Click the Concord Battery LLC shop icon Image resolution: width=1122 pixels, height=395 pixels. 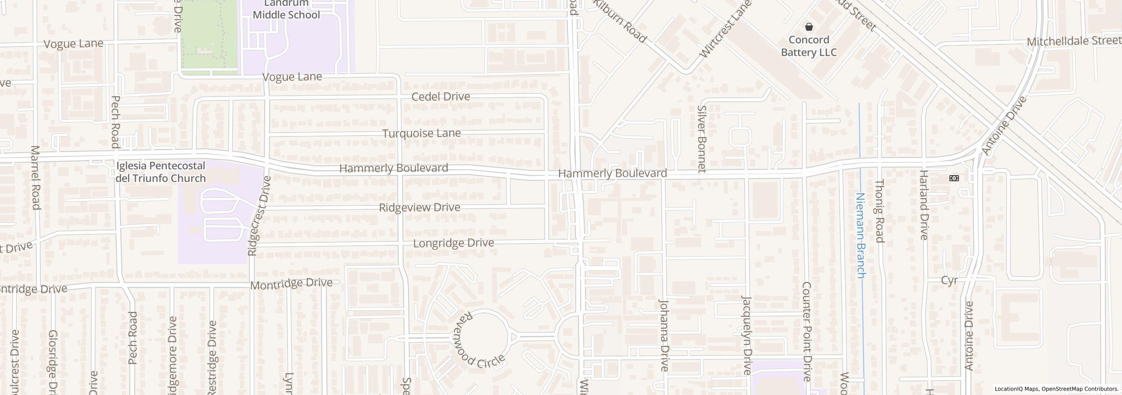pos(809,27)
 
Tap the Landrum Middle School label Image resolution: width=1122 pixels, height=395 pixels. pos(286,10)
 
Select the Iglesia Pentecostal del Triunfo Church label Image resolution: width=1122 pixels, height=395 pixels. pos(160,172)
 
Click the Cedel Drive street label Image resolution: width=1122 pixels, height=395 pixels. pos(440,97)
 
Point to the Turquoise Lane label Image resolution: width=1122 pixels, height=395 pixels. pos(421,133)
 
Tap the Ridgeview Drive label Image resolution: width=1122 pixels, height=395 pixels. pos(419,207)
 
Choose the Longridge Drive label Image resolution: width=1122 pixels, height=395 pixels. pos(454,243)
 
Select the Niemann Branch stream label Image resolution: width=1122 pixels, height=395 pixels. pos(860,235)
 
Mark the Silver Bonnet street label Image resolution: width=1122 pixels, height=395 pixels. pos(702,139)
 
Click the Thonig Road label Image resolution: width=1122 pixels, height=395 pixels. pos(879,211)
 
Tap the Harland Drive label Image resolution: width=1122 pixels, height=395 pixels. pos(924,205)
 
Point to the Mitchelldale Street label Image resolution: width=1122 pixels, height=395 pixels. pos(1073,41)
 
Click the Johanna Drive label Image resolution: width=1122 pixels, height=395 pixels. pos(664,335)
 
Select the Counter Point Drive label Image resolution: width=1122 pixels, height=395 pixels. pos(806,331)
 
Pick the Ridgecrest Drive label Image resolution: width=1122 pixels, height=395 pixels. pos(259,216)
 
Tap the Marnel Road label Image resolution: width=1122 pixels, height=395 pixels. pos(36,178)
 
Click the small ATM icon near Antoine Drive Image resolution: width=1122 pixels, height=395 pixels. pos(954,178)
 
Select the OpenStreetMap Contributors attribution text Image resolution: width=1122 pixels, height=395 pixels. pos(1079,389)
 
